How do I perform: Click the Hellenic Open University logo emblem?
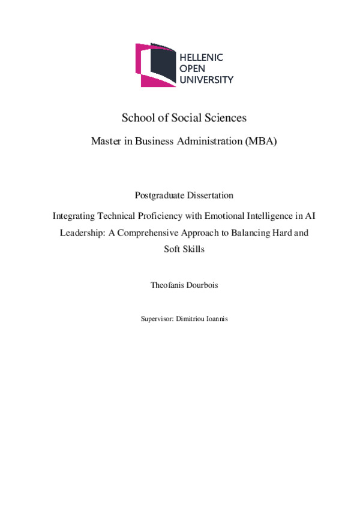156,65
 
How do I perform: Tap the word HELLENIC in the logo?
202,58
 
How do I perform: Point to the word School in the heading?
136,118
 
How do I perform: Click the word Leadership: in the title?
80,232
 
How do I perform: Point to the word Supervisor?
156,319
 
